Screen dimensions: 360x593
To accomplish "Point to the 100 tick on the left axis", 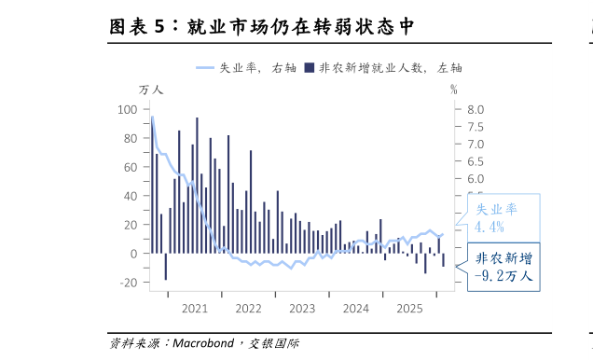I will [x=128, y=109].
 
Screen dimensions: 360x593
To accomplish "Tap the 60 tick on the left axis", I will [x=131, y=167].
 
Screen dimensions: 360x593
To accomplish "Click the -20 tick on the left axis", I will [x=128, y=283].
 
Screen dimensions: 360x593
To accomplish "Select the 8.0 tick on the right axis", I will [x=476, y=109].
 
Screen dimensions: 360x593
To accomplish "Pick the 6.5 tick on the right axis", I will [x=476, y=161].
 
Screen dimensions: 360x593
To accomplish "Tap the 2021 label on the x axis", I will [x=195, y=309].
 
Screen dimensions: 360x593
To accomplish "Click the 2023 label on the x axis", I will [x=302, y=309].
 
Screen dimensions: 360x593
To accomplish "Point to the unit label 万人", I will [x=150, y=90].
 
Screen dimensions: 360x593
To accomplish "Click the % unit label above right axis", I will [x=454, y=90].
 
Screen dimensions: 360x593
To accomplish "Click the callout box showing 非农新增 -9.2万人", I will [x=503, y=267].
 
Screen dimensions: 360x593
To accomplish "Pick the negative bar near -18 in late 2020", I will [x=165, y=266].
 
